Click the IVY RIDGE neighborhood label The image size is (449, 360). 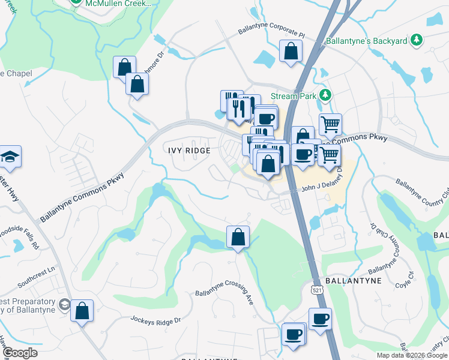pyautogui.click(x=188, y=151)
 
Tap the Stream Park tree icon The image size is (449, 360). pyautogui.click(x=325, y=95)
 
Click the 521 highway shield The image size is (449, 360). pyautogui.click(x=313, y=289)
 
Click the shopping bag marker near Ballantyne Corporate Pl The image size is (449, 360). pyautogui.click(x=291, y=52)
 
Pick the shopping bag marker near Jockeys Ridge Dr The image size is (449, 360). pyautogui.click(x=82, y=311)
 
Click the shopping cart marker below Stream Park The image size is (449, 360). pyautogui.click(x=330, y=125)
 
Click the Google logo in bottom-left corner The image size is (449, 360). pyautogui.click(x=19, y=353)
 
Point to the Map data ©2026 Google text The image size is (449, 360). pyautogui.click(x=412, y=355)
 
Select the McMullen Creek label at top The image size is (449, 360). pyautogui.click(x=118, y=4)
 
